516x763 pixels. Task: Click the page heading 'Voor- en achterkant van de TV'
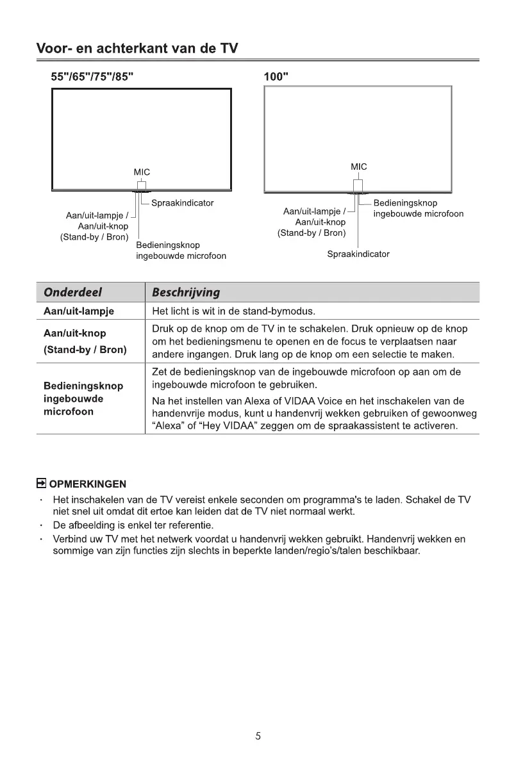pos(137,48)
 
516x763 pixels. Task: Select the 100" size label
pos(276,77)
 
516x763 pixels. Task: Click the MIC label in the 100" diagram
pos(359,167)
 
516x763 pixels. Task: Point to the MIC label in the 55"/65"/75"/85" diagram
pos(142,172)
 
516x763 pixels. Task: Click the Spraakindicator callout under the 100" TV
pos(358,254)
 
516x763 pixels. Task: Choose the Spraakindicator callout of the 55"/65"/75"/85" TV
pos(182,203)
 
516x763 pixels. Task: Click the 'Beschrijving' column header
pos(186,292)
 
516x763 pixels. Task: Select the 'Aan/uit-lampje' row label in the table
pos(78,312)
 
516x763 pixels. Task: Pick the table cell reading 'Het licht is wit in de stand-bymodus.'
pos(234,312)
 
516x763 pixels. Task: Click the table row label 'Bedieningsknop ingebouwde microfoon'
pos(83,399)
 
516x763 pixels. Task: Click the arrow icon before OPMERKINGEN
pos(41,483)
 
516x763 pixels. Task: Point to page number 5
pos(258,736)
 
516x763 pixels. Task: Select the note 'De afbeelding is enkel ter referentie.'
pos(132,526)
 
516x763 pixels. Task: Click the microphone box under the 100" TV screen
pos(358,186)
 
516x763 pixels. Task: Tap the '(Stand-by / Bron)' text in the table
pos(85,350)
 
